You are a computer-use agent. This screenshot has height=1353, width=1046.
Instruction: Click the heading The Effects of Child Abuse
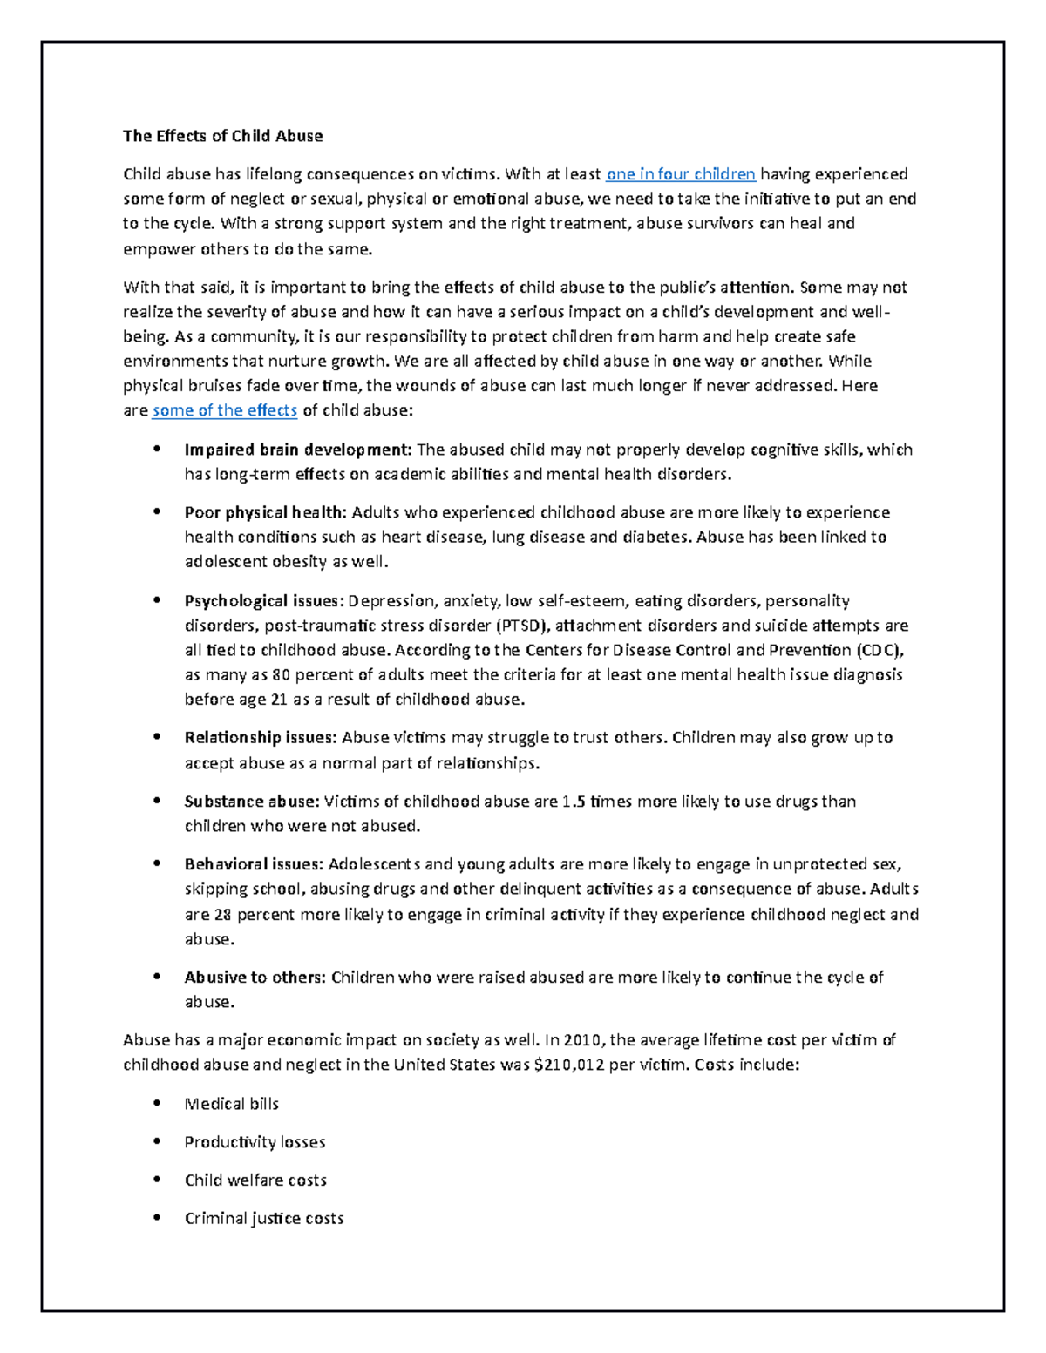222,136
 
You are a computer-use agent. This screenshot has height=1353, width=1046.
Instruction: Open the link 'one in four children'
681,174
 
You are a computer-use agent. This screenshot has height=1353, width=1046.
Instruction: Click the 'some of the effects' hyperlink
224,410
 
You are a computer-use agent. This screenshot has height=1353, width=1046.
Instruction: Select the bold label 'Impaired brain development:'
297,450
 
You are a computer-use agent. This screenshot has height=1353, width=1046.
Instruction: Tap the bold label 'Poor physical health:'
265,512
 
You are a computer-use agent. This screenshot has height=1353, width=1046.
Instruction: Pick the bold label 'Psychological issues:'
264,601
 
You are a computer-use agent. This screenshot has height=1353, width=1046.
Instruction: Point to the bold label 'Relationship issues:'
260,738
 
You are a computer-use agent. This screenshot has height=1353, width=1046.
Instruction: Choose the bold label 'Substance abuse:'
253,802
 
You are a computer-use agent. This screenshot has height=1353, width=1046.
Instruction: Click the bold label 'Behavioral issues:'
254,864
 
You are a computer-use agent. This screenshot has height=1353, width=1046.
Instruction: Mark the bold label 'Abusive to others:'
255,978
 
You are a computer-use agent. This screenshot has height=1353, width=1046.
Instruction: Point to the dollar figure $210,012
570,1065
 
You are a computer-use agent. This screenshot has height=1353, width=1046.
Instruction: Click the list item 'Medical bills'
231,1104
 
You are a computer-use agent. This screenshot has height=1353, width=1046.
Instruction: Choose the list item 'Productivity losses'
255,1142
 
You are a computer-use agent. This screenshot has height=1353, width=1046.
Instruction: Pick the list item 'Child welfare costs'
255,1180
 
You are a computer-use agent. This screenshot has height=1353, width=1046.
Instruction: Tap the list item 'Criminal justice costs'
264,1219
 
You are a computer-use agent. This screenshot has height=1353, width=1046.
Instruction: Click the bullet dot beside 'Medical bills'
157,1103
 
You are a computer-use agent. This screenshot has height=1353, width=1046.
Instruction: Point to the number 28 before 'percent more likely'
223,915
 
